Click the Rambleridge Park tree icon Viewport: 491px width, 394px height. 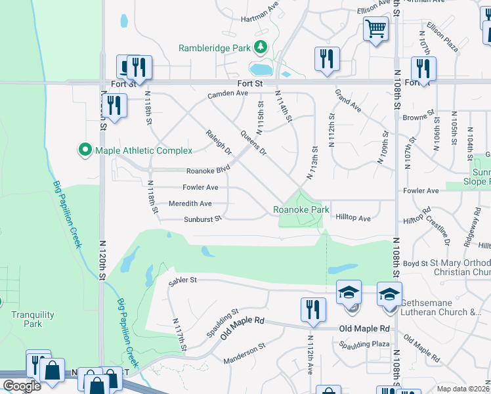tap(261, 47)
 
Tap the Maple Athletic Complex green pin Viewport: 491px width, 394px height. tap(84, 150)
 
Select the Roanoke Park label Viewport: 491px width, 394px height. tap(301, 210)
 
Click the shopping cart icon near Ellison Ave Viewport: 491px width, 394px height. tap(375, 28)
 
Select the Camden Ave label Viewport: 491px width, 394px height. tap(228, 93)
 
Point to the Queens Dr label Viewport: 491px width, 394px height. tap(253, 142)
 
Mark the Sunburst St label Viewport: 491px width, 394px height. tap(202, 219)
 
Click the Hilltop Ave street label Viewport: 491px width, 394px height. tap(353, 217)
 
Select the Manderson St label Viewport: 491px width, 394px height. tap(244, 362)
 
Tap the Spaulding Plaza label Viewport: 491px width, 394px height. tap(364, 344)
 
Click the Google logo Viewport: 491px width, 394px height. tap(22, 386)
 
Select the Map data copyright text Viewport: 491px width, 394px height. tap(462, 388)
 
